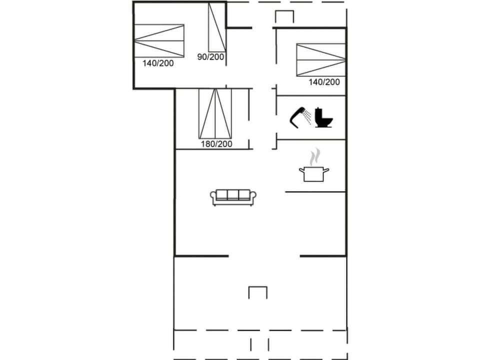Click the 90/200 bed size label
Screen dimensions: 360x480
[210, 57]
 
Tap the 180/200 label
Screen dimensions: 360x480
[216, 144]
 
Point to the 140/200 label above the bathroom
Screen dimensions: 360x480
[324, 82]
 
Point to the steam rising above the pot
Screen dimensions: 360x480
[314, 157]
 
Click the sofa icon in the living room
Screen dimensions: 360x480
[233, 197]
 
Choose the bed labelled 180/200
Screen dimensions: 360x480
[216, 113]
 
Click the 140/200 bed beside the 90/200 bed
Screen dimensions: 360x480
[159, 41]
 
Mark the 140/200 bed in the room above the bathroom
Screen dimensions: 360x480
[320, 60]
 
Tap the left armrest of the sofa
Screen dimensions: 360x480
[213, 198]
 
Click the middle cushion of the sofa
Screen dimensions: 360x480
[233, 195]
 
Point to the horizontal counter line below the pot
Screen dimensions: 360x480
[315, 191]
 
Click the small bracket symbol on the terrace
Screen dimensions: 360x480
[258, 292]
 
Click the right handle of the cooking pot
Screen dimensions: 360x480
[326, 171]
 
